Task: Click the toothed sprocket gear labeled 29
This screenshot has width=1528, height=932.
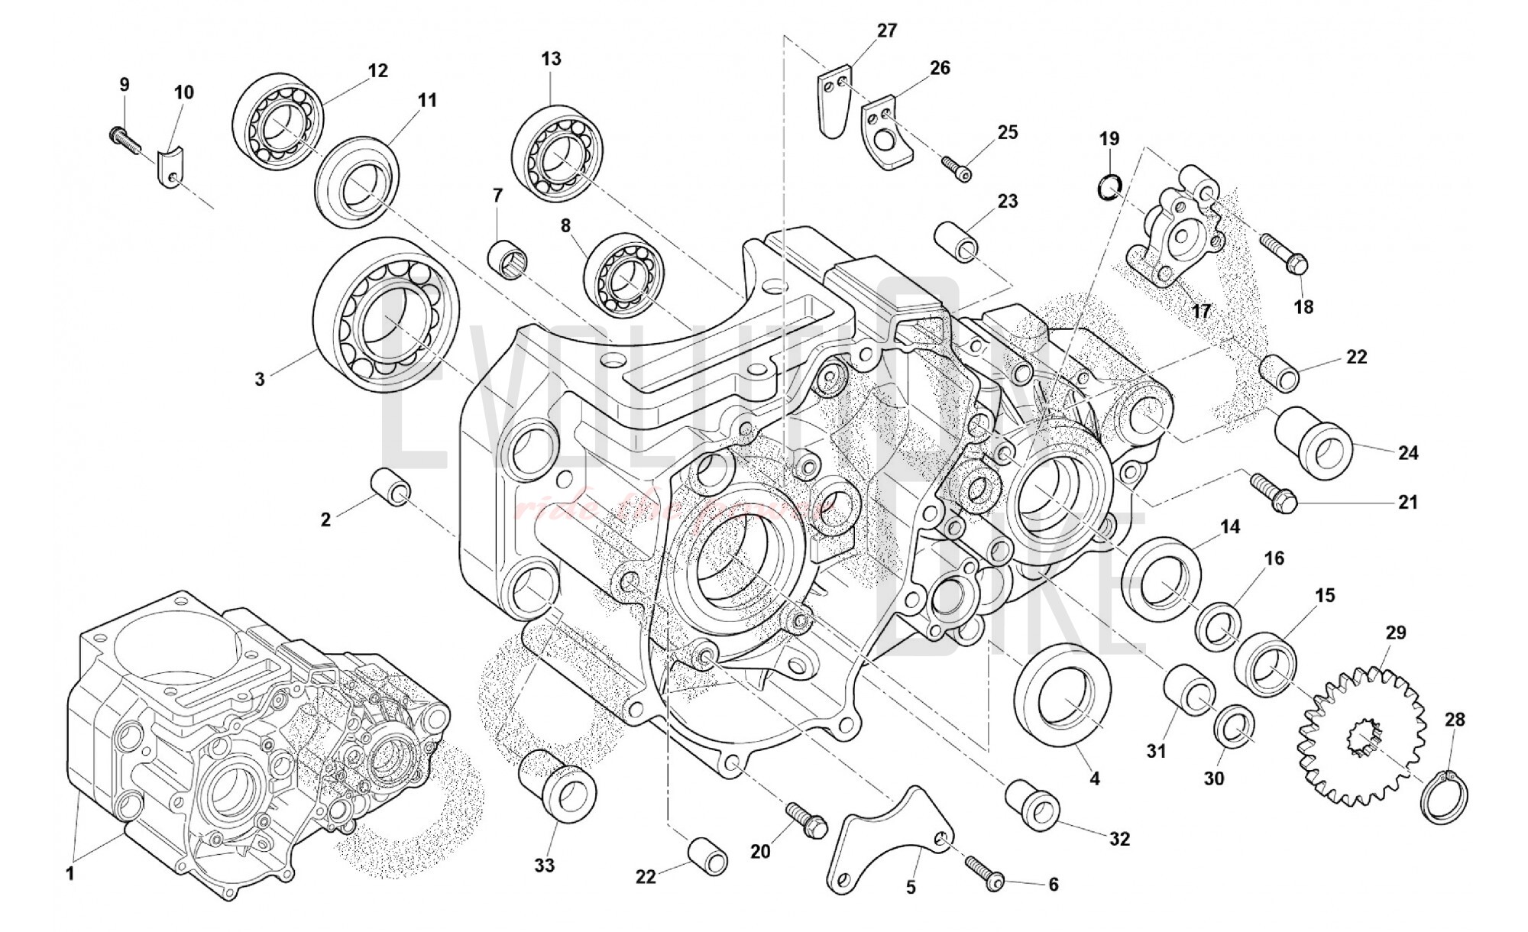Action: pyautogui.click(x=1361, y=735)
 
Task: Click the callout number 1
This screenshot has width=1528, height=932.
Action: pyautogui.click(x=70, y=874)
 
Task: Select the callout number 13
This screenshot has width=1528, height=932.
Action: pyautogui.click(x=551, y=59)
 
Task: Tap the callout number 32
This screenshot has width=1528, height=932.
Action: pyautogui.click(x=1119, y=839)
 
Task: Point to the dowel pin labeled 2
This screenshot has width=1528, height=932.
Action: pyautogui.click(x=391, y=487)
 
